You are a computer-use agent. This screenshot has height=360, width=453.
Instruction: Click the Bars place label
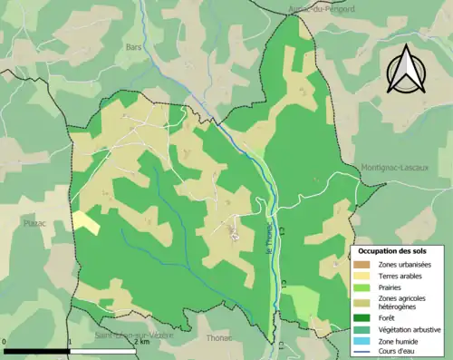coord(135,43)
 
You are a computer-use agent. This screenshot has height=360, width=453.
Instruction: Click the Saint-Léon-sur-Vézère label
coord(134,335)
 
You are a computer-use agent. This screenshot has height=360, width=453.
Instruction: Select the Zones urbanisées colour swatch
coord(362,263)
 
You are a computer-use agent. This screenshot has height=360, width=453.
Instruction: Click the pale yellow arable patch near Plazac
coord(86,221)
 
